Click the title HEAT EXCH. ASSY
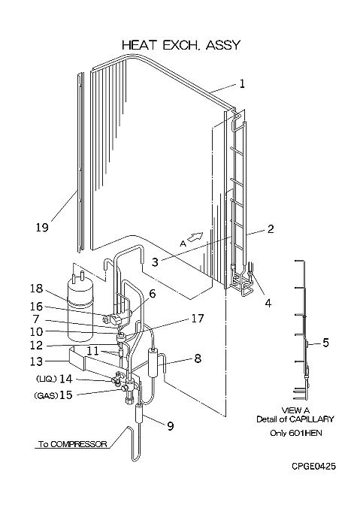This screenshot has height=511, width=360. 181,45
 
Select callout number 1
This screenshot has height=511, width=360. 242,84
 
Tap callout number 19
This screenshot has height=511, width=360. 42,227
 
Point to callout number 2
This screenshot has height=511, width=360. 271,229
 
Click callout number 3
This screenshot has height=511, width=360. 155,262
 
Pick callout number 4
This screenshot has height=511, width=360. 268,304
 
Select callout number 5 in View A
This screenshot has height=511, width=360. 325,343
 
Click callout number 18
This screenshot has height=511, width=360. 36,289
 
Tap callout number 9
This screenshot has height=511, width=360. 170,426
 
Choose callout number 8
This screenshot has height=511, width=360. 198,358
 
